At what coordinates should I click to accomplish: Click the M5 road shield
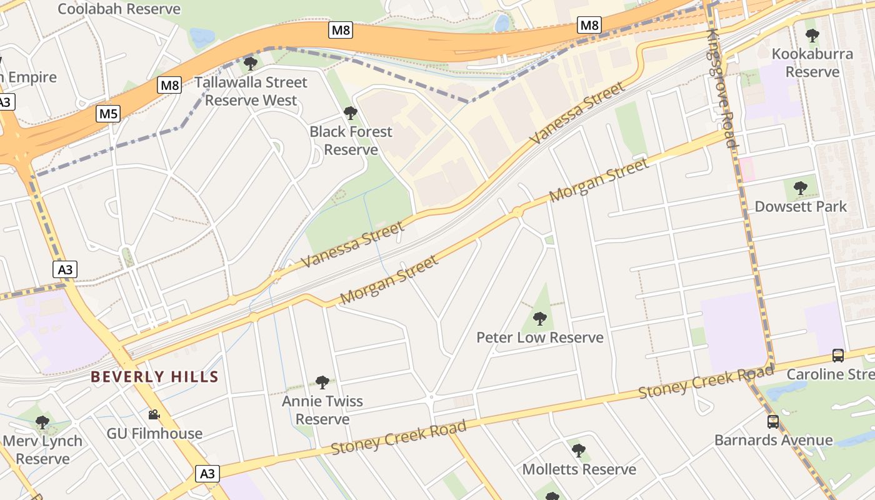pos(108,114)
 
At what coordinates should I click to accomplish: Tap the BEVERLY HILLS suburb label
pos(154,377)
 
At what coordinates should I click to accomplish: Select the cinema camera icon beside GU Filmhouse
pos(154,414)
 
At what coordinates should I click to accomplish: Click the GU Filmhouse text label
pos(154,433)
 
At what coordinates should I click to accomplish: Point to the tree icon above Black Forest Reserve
pos(351,113)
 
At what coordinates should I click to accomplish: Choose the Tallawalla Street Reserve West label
pos(251,91)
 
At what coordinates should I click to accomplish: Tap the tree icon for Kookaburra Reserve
pos(812,36)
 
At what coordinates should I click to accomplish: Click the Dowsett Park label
pos(801,206)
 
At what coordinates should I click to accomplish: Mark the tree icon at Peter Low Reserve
pos(540,319)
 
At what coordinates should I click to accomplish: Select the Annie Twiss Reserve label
pos(322,410)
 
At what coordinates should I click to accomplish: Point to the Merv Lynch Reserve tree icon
pos(42,422)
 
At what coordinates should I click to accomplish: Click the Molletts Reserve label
pos(579,469)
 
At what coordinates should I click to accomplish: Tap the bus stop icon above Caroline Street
pos(838,356)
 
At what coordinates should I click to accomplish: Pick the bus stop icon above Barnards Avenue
pos(773,422)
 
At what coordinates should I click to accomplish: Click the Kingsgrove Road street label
pos(722,87)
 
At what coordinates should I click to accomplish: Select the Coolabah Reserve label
pos(119,9)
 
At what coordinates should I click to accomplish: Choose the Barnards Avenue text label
pos(773,440)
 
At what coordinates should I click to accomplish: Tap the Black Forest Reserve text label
pos(351,141)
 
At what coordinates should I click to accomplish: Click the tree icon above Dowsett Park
pos(800,187)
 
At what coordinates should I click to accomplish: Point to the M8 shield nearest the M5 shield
pos(169,86)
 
